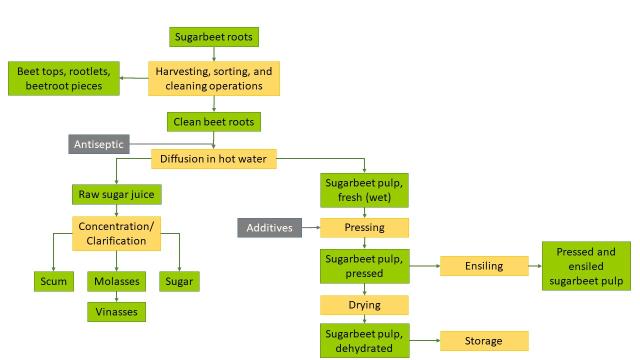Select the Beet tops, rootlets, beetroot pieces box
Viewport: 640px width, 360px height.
point(65,79)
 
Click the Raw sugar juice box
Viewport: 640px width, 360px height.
point(114,194)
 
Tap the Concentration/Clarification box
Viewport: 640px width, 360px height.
point(115,235)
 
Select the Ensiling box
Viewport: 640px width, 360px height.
point(484,266)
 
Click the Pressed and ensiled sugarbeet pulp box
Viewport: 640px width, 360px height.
point(586,266)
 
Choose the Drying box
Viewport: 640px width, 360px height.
point(364,303)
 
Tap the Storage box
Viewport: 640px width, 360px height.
point(484,341)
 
